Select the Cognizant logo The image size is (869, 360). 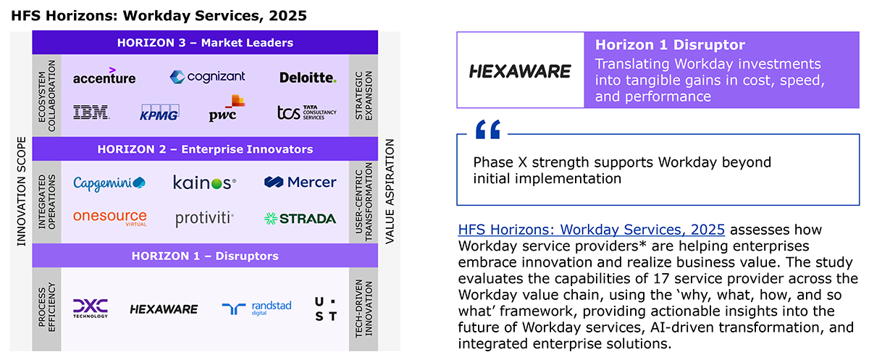[207, 77]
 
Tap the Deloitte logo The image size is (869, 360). [308, 78]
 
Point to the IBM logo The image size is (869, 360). [91, 112]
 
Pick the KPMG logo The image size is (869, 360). [159, 112]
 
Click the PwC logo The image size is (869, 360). [227, 108]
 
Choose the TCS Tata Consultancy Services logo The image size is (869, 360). [307, 112]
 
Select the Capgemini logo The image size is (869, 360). [109, 183]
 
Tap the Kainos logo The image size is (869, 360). [204, 183]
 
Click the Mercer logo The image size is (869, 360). [300, 182]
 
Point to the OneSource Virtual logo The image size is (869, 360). [110, 217]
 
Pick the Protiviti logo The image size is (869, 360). [204, 219]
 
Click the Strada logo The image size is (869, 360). [300, 219]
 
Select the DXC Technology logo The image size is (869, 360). [91, 309]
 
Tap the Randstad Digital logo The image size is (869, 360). [256, 309]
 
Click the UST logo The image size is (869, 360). [325, 309]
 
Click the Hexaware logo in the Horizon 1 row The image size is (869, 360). [164, 309]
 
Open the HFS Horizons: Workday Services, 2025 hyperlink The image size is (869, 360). [591, 230]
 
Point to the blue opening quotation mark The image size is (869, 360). [488, 129]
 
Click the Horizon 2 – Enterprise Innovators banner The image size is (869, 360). [205, 149]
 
